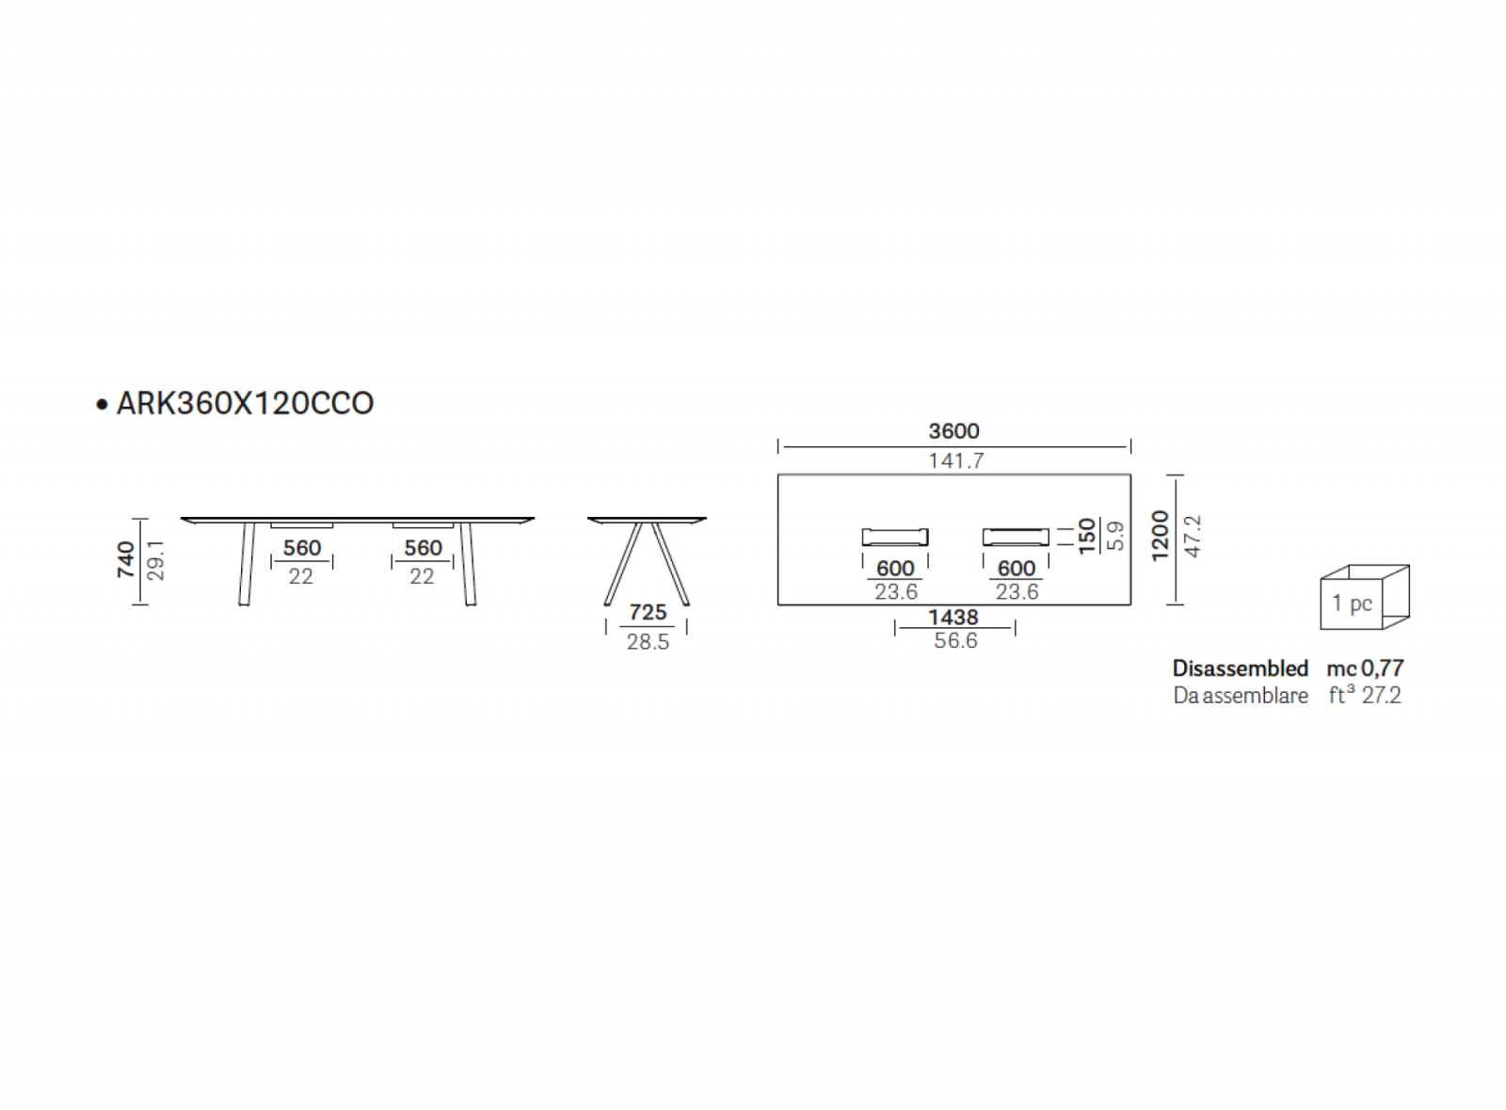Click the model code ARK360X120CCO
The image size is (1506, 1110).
click(246, 403)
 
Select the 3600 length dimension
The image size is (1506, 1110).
click(954, 431)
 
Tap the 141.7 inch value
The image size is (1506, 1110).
click(956, 461)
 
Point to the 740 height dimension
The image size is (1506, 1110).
click(126, 560)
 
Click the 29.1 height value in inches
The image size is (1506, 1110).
click(156, 560)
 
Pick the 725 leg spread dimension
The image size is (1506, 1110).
click(649, 613)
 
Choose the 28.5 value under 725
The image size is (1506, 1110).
click(649, 642)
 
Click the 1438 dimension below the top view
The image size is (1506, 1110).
click(953, 618)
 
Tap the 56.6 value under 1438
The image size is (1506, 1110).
click(955, 641)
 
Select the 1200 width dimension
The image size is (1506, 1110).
click(1161, 536)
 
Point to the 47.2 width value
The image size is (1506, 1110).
click(1193, 537)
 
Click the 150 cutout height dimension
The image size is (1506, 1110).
click(1086, 537)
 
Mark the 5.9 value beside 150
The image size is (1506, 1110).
click(1115, 537)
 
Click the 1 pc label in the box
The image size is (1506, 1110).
click(1352, 603)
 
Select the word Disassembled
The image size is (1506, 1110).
click(1241, 668)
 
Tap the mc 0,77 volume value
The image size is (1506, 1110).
click(1366, 668)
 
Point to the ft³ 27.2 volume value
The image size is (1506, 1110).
click(1365, 695)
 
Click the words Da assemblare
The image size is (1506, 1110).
click(1241, 695)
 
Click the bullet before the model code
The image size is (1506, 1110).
click(103, 404)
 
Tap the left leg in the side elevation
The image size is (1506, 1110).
click(247, 563)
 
